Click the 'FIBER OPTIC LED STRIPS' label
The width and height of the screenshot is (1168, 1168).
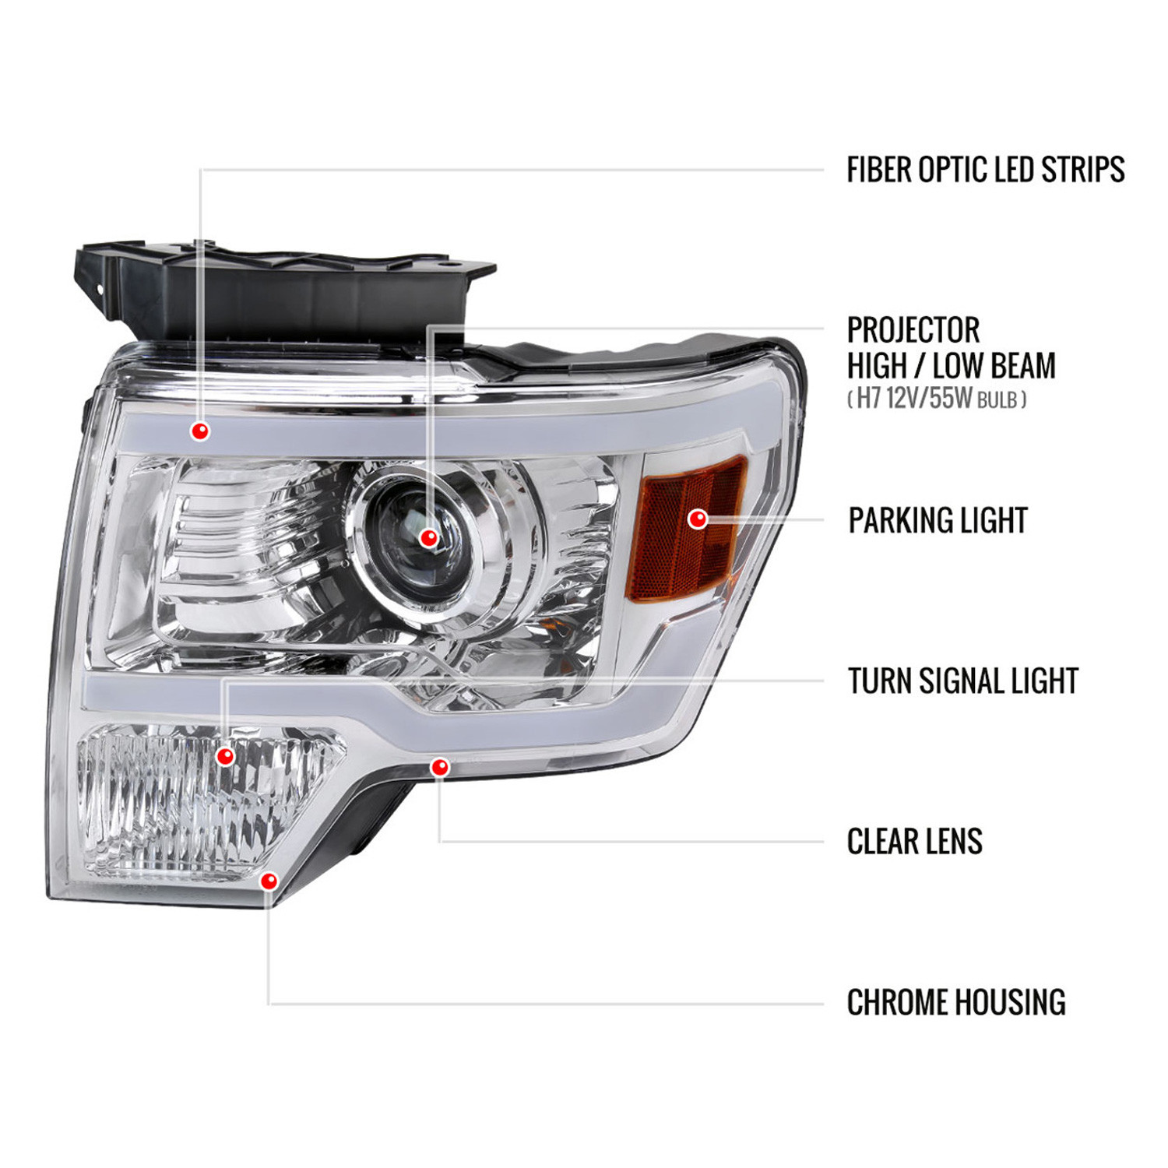(x=985, y=170)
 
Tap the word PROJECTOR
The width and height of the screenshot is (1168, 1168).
(x=913, y=330)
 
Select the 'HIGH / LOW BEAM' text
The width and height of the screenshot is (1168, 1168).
(x=951, y=365)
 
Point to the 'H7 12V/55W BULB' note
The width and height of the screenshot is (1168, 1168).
(x=937, y=399)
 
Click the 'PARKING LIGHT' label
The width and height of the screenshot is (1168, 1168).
(x=938, y=520)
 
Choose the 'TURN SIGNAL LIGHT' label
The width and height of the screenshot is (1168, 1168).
(x=962, y=681)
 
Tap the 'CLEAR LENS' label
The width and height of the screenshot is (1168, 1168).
(x=915, y=842)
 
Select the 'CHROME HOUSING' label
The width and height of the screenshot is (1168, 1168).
(x=956, y=1002)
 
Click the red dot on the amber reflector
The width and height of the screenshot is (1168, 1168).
(x=698, y=519)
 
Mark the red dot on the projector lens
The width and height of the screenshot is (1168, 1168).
(x=428, y=537)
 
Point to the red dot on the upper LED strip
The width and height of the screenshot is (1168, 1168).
(x=200, y=431)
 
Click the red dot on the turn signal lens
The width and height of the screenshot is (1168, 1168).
(x=225, y=755)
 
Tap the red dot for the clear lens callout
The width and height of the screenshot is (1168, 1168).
(x=440, y=767)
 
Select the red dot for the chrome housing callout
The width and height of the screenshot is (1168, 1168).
(x=269, y=881)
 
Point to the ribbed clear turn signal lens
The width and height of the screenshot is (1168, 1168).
(x=206, y=802)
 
